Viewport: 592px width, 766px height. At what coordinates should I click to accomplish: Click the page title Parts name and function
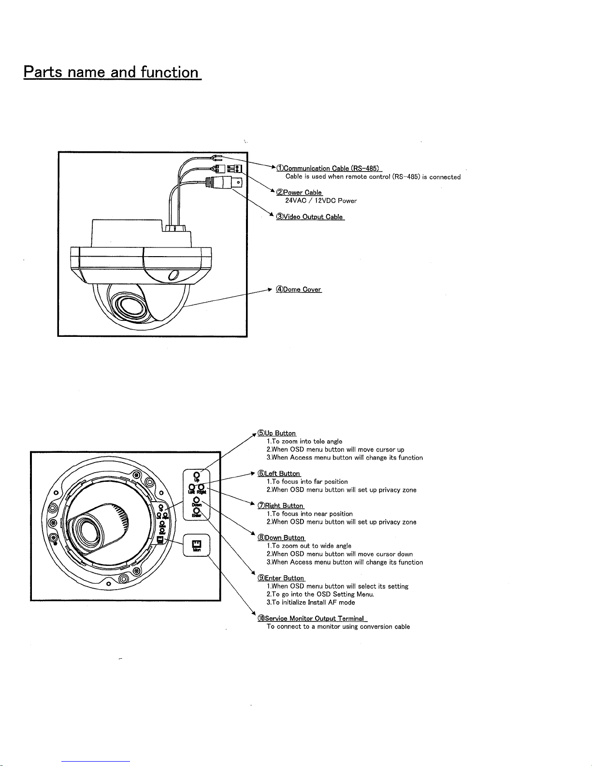click(x=112, y=72)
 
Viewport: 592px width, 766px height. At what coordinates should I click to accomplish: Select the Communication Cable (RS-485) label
click(x=329, y=168)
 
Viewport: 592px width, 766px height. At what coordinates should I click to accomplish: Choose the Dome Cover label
click(x=298, y=289)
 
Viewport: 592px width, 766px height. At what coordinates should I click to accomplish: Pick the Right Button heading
click(x=281, y=506)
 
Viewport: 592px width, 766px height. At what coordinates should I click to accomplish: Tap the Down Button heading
click(x=281, y=538)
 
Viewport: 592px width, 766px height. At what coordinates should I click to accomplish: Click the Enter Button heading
click(x=281, y=578)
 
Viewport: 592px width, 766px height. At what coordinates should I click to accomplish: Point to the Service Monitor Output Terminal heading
click(x=312, y=619)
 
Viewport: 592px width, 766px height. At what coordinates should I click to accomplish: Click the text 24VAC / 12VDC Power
click(x=321, y=201)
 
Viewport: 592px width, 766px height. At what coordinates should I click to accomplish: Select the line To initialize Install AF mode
click(x=311, y=603)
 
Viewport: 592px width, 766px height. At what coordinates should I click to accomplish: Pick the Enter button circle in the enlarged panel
click(x=197, y=509)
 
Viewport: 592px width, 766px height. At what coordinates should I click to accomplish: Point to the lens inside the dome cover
click(x=127, y=306)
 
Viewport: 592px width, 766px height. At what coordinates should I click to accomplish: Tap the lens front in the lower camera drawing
click(x=88, y=528)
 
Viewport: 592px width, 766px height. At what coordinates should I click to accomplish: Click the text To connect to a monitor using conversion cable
click(x=338, y=627)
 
